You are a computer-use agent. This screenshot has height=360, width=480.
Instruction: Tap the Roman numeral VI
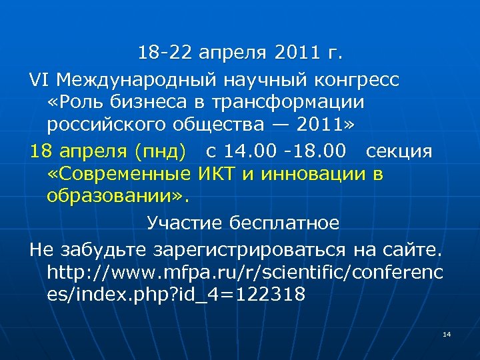(x=39, y=81)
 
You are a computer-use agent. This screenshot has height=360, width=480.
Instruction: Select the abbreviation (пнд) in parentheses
(x=160, y=151)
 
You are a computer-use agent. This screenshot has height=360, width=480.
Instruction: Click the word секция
(x=398, y=151)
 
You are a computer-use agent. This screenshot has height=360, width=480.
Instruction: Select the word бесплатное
(x=283, y=223)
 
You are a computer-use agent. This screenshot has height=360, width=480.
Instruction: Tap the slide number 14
(x=447, y=333)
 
